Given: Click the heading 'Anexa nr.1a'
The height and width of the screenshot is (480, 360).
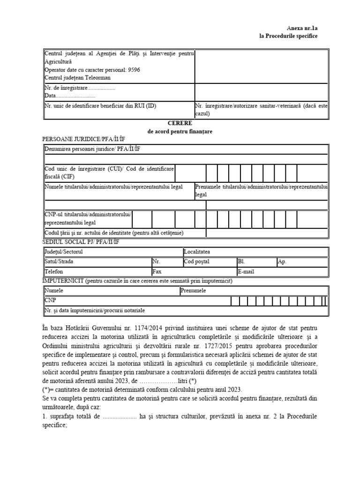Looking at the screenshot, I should click(302, 28).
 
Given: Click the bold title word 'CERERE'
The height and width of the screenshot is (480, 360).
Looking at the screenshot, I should click(180, 123).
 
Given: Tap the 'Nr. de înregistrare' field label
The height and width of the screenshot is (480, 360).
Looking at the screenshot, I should click(66, 88).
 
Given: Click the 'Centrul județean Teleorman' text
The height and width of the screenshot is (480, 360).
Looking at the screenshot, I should click(75, 77).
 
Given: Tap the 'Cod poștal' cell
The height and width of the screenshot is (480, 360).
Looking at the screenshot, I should click(197, 262).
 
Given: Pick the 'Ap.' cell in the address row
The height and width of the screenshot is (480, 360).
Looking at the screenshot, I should click(282, 262).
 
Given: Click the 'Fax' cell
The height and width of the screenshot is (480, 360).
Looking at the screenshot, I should click(157, 271).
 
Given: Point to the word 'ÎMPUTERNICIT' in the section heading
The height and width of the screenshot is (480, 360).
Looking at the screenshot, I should click(63, 281).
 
